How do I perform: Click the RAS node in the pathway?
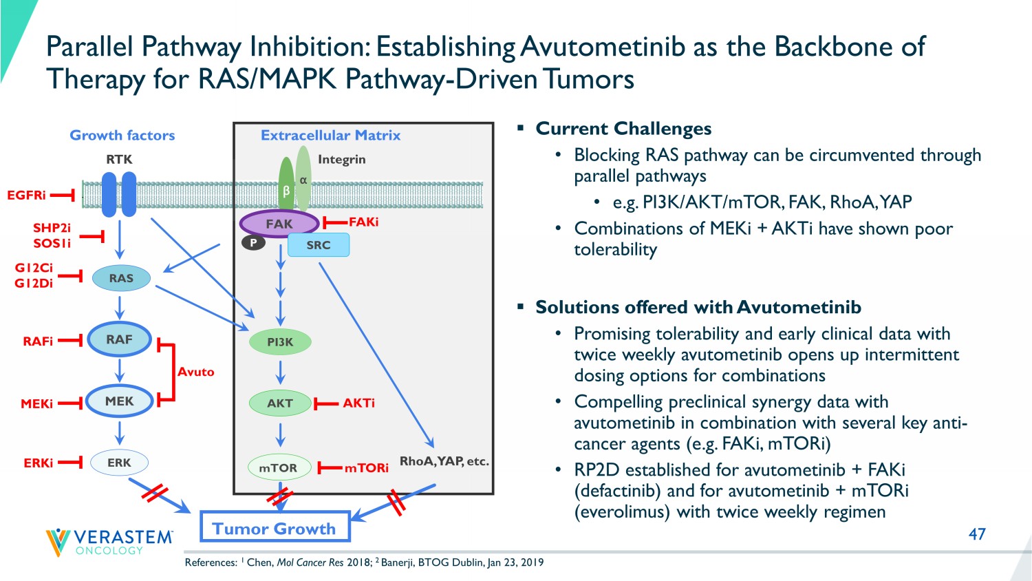pyautogui.click(x=121, y=278)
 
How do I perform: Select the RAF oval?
pyautogui.click(x=119, y=339)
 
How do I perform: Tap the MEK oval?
pyautogui.click(x=119, y=401)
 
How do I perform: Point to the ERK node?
pyautogui.click(x=119, y=463)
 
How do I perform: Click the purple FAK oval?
pyautogui.click(x=279, y=224)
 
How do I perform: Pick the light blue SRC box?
pyautogui.click(x=319, y=245)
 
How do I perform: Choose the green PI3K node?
pyautogui.click(x=280, y=342)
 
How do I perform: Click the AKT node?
pyautogui.click(x=280, y=403)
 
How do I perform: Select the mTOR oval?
pyautogui.click(x=278, y=468)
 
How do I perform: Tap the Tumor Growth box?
pyautogui.click(x=275, y=528)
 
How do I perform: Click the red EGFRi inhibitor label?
pyautogui.click(x=26, y=196)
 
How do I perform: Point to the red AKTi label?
pyautogui.click(x=358, y=403)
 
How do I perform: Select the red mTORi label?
pyautogui.click(x=366, y=468)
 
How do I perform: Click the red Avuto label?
pyautogui.click(x=195, y=372)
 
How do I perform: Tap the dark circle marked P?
pyautogui.click(x=253, y=242)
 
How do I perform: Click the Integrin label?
pyautogui.click(x=341, y=160)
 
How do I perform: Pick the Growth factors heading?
pyautogui.click(x=122, y=136)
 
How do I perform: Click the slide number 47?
pyautogui.click(x=977, y=534)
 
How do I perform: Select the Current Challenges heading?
pyautogui.click(x=623, y=129)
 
